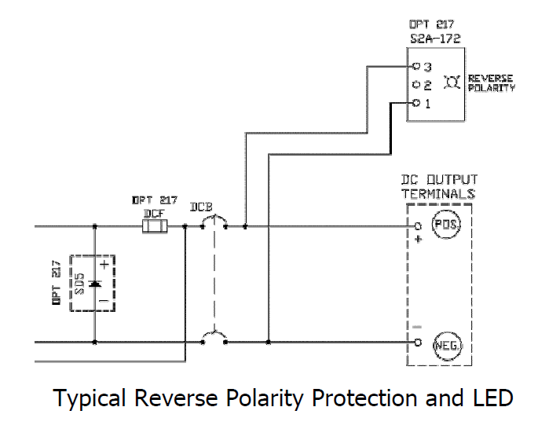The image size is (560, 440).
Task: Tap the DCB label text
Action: [203, 209]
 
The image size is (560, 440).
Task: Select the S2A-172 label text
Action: [435, 37]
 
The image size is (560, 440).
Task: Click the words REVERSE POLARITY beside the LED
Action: [492, 82]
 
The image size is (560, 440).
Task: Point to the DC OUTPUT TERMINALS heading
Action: [439, 187]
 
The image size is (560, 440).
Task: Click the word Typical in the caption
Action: [89, 398]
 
